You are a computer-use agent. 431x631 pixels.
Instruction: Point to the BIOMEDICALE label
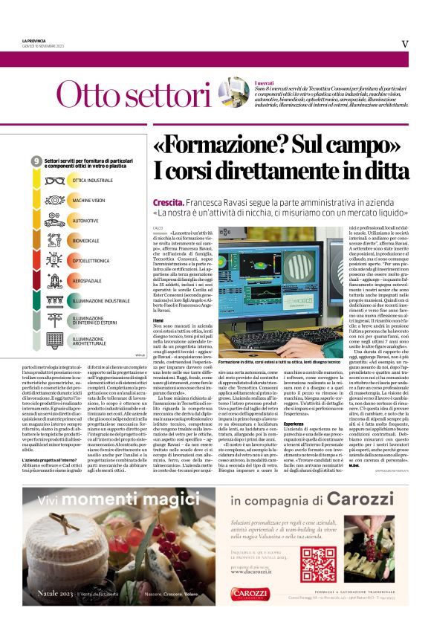[86, 242]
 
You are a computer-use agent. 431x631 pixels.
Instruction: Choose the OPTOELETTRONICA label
[92, 262]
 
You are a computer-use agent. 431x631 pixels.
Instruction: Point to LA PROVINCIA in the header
[35, 39]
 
